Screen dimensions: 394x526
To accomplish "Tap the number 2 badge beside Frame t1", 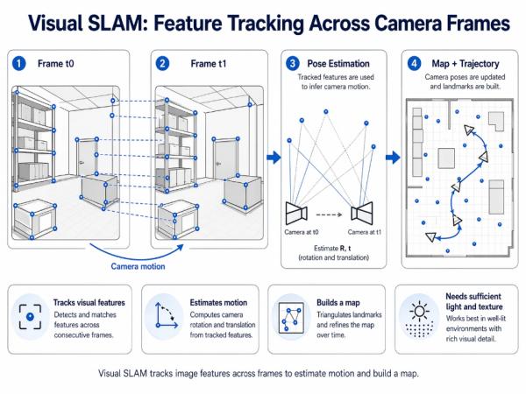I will point(162,64).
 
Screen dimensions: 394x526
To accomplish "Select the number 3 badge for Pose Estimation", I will point(294,64).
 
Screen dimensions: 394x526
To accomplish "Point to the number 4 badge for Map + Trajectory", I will point(414,64).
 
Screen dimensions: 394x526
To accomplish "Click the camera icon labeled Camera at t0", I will point(295,211).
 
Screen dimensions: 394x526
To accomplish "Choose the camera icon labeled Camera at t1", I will point(362,211).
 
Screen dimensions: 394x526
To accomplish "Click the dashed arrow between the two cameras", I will point(329,211).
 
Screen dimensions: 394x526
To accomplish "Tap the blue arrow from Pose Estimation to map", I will point(394,158).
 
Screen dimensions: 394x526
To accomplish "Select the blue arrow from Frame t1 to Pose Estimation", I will point(272,158).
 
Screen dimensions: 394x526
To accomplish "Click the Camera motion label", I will point(138,265).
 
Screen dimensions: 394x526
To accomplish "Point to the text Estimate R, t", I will point(329,250).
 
